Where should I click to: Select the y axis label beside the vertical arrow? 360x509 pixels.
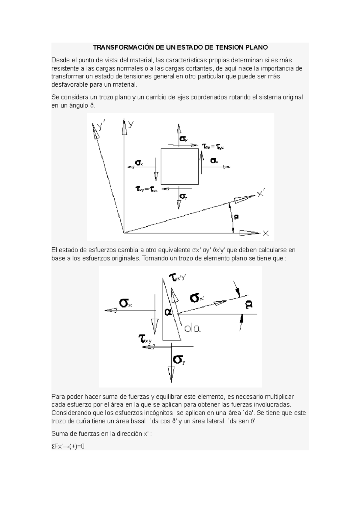coord(131,124)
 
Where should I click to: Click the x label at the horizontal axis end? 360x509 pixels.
coord(265,233)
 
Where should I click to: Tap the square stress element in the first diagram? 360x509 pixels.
coord(179,166)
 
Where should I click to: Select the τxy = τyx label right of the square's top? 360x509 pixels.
coord(213,147)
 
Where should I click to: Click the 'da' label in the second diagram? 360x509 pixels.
coord(192,329)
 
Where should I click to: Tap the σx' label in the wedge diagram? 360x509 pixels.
coord(197,298)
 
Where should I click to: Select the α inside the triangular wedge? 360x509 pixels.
coord(168,312)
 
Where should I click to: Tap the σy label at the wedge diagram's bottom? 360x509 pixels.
coord(179,359)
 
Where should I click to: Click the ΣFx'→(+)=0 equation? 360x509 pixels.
coord(68,446)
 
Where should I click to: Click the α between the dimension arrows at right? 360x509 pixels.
coord(249,305)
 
